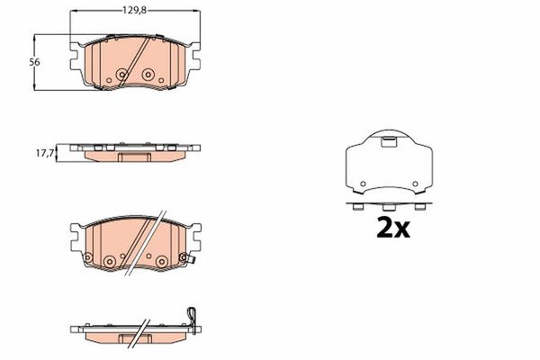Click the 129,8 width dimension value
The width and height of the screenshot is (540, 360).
pos(135,10)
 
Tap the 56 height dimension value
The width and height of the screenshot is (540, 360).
pos(34,62)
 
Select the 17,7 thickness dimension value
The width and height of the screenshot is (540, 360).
pos(45,153)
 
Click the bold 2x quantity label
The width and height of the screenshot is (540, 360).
pos(393,228)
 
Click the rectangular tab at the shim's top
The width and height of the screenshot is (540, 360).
pos(389,142)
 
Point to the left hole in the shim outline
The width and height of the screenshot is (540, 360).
pos(363,184)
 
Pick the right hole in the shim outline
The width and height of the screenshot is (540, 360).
pos(415,184)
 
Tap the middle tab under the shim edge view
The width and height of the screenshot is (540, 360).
pos(389,207)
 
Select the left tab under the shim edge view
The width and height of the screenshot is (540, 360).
pos(358,207)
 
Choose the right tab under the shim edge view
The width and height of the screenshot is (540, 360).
pos(419,207)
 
